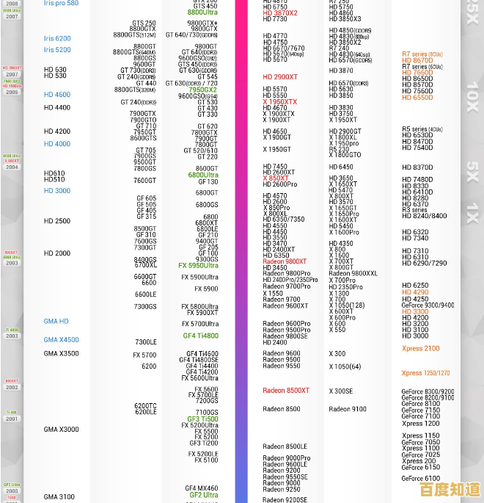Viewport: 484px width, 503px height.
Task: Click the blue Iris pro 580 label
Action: tap(61, 4)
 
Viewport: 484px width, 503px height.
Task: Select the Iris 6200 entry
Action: tap(57, 38)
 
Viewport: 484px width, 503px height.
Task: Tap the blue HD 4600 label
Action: tap(57, 95)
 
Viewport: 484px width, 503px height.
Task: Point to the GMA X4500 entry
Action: tap(61, 340)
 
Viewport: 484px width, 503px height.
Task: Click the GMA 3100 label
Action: tap(59, 497)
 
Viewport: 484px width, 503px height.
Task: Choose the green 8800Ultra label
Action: tap(202, 12)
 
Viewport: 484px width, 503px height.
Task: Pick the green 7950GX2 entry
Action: tap(202, 90)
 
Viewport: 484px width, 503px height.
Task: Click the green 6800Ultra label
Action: tap(202, 175)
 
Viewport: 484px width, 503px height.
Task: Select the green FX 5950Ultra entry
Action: tap(198, 266)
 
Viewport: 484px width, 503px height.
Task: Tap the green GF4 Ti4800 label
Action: tap(200, 336)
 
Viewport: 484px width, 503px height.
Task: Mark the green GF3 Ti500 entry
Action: tap(202, 419)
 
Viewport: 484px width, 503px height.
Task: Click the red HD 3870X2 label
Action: tap(280, 12)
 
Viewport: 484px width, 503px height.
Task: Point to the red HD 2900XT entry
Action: tap(280, 77)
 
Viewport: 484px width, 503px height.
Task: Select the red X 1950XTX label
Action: tap(280, 102)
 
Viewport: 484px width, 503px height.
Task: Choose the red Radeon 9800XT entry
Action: tap(285, 261)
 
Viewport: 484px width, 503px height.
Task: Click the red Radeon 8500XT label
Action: tap(286, 391)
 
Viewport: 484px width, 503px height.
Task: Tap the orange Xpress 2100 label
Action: tap(421, 349)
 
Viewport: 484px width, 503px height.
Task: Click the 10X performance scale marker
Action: tap(472, 96)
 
